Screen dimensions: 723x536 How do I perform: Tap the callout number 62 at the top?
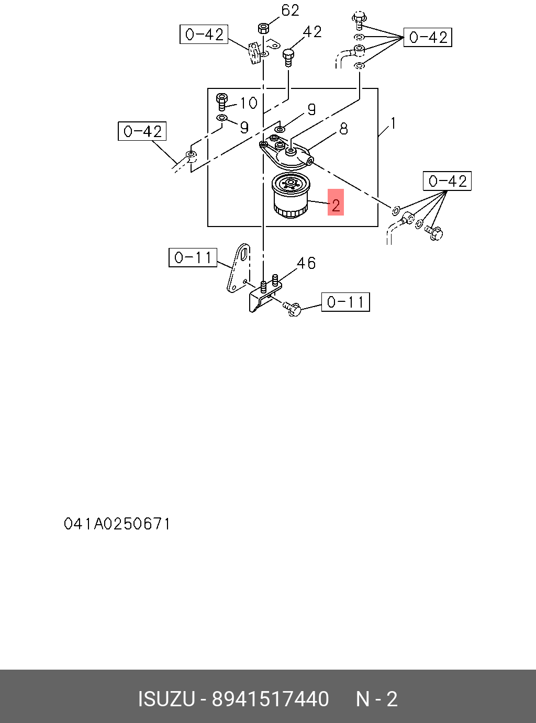(290, 10)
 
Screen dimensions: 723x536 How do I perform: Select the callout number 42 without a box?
(312, 32)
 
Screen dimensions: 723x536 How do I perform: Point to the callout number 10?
(249, 103)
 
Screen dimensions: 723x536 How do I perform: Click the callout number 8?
(343, 129)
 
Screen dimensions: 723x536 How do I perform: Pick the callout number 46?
(306, 263)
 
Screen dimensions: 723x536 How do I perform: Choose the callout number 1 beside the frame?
(393, 124)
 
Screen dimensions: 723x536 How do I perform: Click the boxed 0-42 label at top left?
(204, 35)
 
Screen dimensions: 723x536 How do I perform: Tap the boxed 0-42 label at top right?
(428, 38)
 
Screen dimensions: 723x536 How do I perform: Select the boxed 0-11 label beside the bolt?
(345, 302)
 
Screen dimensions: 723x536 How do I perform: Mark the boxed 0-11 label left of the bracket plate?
(193, 257)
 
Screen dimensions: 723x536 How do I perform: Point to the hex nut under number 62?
(263, 27)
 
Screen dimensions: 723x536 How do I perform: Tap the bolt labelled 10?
(222, 101)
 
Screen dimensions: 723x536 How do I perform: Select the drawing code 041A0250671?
(117, 524)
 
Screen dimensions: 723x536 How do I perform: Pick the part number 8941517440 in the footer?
(270, 699)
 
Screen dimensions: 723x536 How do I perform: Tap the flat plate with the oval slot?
(239, 267)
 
